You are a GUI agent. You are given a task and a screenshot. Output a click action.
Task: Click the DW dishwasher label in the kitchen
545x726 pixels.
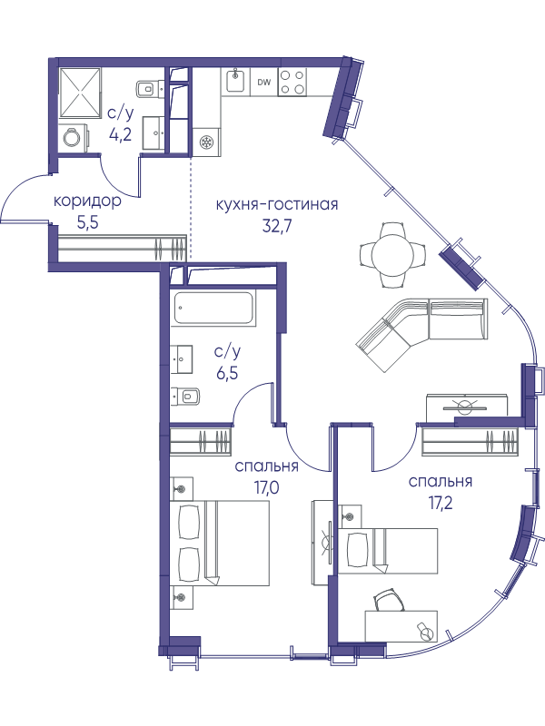(x=263, y=83)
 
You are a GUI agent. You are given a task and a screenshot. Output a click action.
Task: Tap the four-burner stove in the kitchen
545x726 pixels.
(x=292, y=82)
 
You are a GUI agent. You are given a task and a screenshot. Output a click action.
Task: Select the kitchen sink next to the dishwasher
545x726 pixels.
(x=235, y=81)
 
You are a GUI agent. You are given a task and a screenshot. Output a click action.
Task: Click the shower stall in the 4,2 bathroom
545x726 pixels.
(x=81, y=92)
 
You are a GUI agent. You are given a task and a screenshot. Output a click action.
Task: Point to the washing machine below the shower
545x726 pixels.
(x=74, y=137)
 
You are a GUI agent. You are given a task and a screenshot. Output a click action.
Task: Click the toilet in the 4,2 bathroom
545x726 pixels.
(x=148, y=87)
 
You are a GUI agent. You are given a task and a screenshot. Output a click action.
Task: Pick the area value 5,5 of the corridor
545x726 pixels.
(x=88, y=224)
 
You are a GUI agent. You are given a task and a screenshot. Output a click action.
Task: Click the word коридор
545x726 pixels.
(x=88, y=202)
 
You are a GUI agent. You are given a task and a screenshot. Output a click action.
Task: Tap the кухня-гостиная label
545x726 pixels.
(x=277, y=204)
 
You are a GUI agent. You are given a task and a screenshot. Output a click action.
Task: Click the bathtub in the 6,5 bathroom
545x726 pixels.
(x=214, y=307)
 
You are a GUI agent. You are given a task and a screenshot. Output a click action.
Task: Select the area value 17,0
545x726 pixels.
(x=266, y=488)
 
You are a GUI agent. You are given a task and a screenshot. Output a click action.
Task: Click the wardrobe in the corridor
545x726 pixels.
(x=122, y=248)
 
